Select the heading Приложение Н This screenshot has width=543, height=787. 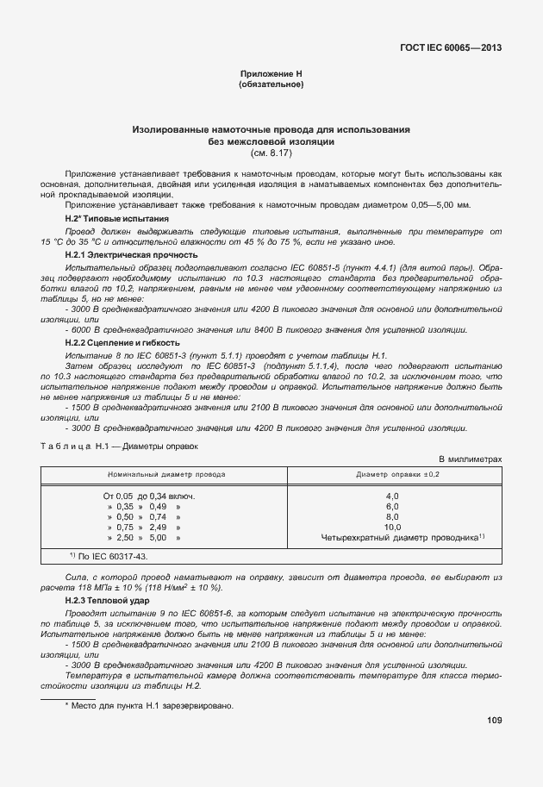coord(271,75)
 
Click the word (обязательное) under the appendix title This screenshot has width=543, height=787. coord(271,84)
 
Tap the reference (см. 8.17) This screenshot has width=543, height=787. coord(271,153)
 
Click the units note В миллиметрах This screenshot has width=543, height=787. coord(471,460)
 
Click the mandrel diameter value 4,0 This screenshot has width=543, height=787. coord(392,496)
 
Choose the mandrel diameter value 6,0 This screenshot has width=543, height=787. coord(392,506)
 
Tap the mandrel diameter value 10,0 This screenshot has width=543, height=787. coord(392,527)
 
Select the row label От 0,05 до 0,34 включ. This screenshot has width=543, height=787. coord(148,496)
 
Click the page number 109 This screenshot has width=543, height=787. coord(493,719)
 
